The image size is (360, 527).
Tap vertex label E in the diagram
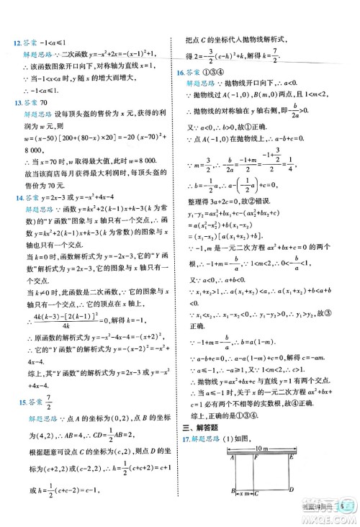click(x=292, y=456)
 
